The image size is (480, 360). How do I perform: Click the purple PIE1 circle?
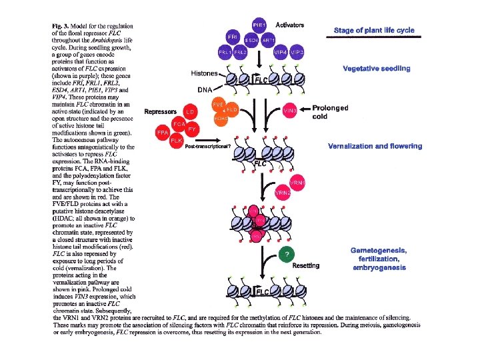260,25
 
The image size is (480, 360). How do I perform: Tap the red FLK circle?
177,141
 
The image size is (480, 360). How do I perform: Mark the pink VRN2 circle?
283,192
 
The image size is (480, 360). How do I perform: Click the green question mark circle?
285,255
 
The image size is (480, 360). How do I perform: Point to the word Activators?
290,25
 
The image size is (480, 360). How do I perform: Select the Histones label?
205,73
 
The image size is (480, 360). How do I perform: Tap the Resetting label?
305,265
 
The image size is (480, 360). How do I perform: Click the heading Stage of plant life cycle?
374,31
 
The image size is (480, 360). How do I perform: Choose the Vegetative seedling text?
377,68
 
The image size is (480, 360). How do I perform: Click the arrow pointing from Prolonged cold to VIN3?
305,109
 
